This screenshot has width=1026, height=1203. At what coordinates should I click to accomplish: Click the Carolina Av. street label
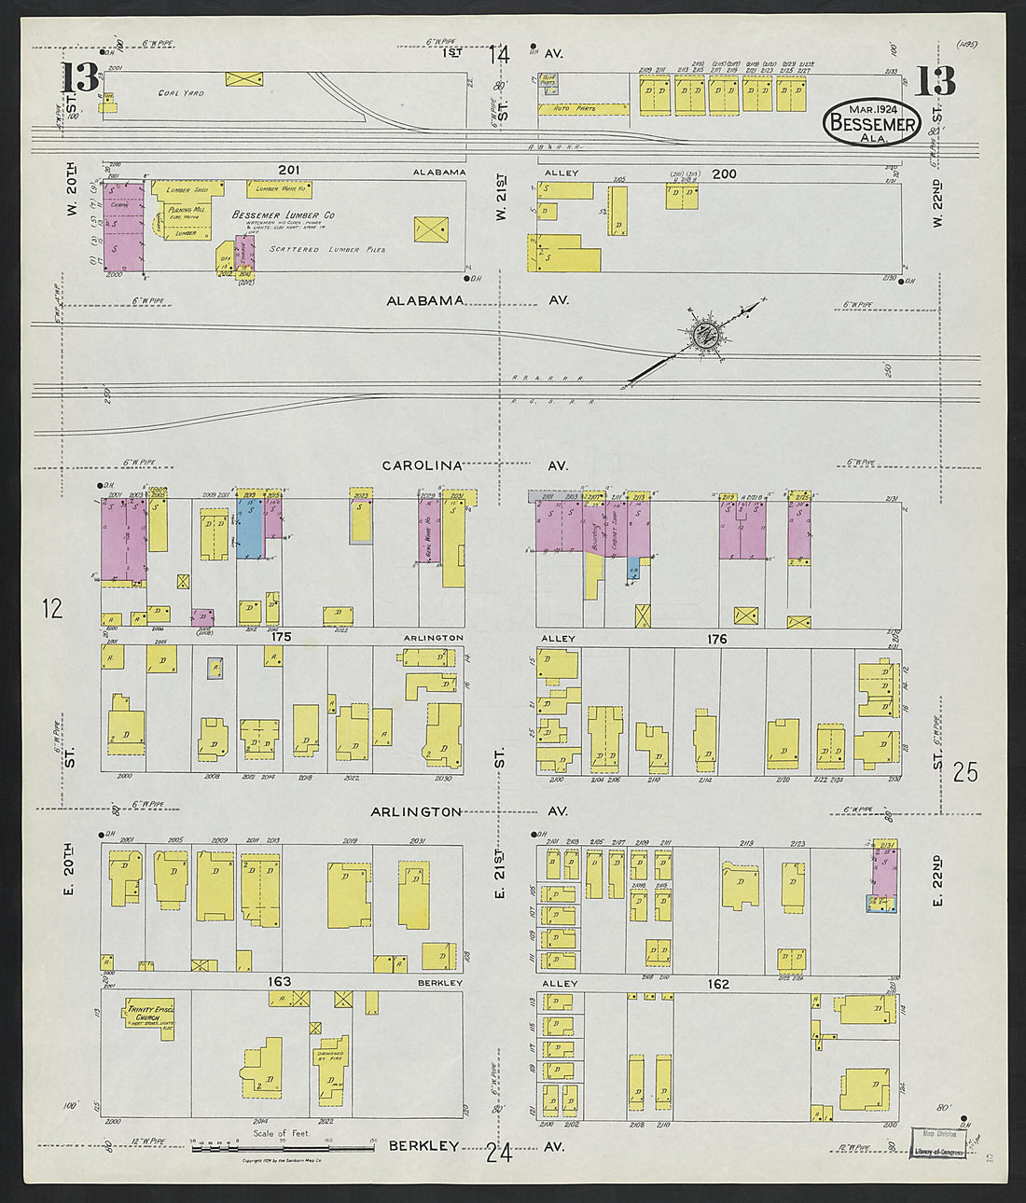[x=423, y=464]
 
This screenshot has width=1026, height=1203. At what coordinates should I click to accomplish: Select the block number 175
[x=282, y=638]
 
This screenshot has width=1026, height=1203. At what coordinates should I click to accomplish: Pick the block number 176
[x=717, y=639]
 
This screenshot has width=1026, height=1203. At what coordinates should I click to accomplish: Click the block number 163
[x=279, y=981]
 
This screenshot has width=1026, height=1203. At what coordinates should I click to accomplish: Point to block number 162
[x=717, y=984]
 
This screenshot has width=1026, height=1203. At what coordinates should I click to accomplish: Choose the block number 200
[x=725, y=173]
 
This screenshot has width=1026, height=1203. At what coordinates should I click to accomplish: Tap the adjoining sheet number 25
[x=965, y=771]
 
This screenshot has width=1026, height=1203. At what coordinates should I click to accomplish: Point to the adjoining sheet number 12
[x=52, y=609]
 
